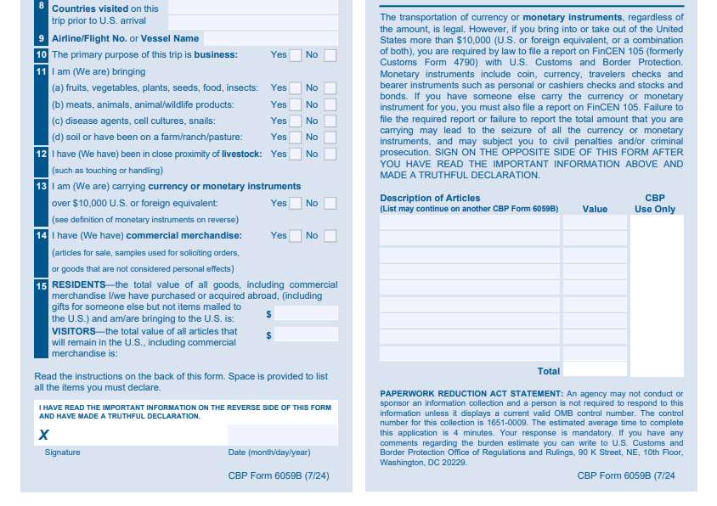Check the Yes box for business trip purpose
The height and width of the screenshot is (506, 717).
tap(295, 55)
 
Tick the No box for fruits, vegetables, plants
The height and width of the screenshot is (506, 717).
tap(330, 88)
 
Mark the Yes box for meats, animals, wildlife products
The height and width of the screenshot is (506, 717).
tap(295, 104)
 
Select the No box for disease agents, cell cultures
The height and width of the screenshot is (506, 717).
tap(330, 121)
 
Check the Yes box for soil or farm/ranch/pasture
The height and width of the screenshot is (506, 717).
tap(295, 137)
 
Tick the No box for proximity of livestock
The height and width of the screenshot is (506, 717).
tap(330, 155)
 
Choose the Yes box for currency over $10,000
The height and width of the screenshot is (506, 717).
tap(295, 204)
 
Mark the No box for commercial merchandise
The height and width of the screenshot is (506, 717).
tap(330, 236)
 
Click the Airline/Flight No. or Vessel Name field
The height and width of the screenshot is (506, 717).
tap(270, 38)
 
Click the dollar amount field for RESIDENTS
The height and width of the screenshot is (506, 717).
tap(306, 313)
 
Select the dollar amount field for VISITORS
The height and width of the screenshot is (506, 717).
tap(306, 335)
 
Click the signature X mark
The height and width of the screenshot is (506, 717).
tap(44, 435)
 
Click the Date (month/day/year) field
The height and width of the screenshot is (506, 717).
tap(282, 435)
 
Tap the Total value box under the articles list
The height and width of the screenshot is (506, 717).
tap(595, 370)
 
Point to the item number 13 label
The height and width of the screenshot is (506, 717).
tap(42, 186)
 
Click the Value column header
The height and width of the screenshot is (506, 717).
tap(595, 209)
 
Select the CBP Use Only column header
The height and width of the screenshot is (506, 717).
tap(655, 204)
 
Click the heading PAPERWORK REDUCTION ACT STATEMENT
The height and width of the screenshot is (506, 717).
tap(471, 394)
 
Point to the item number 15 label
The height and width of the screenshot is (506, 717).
tap(42, 286)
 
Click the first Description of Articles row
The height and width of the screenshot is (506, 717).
tap(469, 222)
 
